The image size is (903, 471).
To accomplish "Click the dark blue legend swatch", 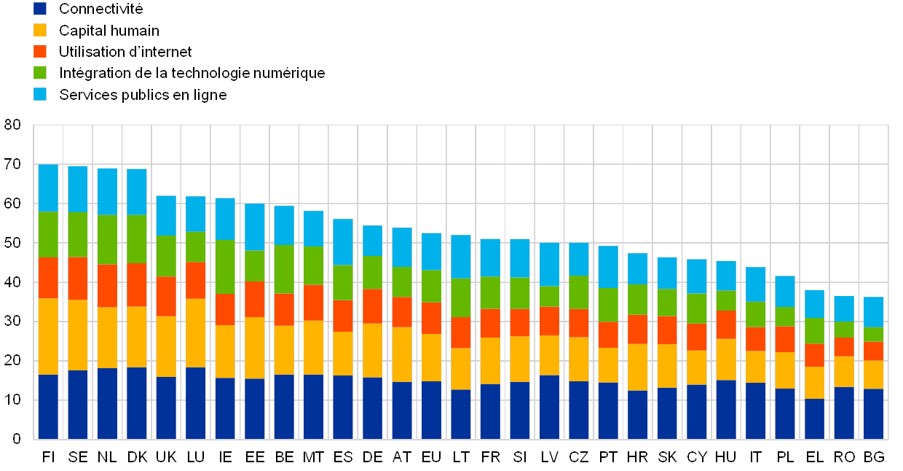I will [x=40, y=9].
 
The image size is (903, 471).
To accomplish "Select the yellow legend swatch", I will [x=40, y=30].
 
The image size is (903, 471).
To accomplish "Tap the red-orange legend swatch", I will [x=40, y=52].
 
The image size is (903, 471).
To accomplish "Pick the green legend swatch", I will [x=40, y=73].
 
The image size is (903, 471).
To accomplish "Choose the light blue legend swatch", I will [x=40, y=94].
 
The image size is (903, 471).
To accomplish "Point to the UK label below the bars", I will [x=166, y=457].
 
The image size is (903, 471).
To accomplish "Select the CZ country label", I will [x=578, y=457].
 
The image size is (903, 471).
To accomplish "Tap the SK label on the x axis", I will [x=667, y=457].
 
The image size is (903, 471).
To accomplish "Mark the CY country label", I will [x=697, y=457].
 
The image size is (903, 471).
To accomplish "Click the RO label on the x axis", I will [x=845, y=457].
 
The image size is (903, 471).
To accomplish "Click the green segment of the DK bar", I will [x=137, y=239].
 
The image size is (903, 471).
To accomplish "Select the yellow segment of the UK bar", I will [x=166, y=346].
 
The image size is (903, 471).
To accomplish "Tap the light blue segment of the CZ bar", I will [x=578, y=259].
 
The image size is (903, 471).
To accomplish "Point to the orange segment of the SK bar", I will [x=667, y=330].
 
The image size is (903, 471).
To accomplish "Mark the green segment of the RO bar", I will [x=845, y=330].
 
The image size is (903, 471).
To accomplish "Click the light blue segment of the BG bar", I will [x=874, y=312].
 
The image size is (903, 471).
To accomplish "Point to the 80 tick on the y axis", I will [x=12, y=125].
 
